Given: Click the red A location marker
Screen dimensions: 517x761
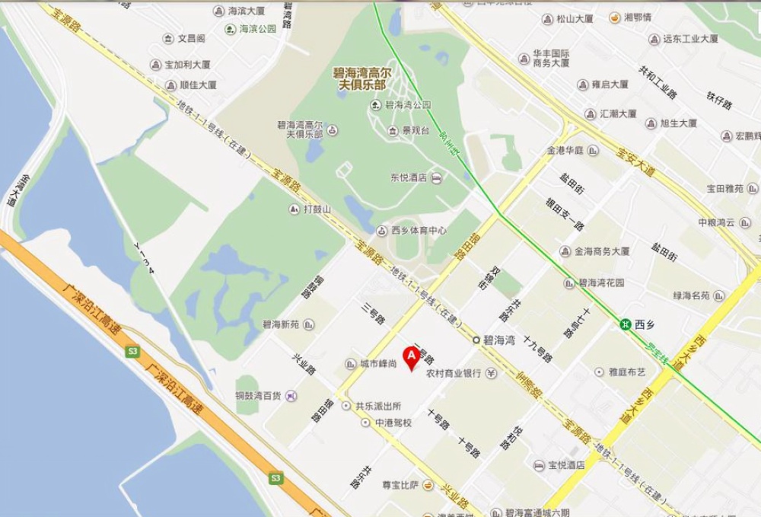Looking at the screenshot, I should point(412,356).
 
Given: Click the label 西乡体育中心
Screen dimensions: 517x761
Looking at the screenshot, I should point(419,230).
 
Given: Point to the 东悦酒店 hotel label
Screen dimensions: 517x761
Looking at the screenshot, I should point(409,177).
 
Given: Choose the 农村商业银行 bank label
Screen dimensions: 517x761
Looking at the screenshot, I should point(454,374).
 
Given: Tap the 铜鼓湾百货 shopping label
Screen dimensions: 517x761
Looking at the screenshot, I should point(259,396).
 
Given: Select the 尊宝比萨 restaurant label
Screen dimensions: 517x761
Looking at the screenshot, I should point(400,484).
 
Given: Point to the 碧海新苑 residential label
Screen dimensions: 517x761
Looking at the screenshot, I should point(281,324).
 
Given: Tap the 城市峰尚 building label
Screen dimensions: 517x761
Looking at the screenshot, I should point(378,364).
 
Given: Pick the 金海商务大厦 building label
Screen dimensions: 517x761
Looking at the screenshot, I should point(602,251).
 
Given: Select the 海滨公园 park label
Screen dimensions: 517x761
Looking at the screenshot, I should point(257,29).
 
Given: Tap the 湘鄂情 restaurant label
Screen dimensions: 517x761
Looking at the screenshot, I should point(637,18).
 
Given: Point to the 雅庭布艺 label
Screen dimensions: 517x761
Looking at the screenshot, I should point(627,372).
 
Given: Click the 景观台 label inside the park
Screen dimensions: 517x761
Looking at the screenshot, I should point(416,131).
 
